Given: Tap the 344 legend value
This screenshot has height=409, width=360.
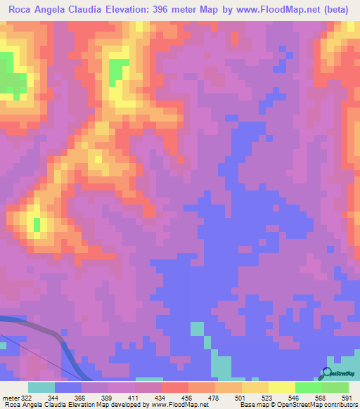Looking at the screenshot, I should coord(52,397).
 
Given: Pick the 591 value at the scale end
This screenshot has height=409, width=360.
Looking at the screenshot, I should coord(347,397).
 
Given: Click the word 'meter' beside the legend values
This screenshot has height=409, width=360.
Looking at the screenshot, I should coord(9,397).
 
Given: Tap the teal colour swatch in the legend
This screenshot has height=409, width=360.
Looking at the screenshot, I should coord(41,387).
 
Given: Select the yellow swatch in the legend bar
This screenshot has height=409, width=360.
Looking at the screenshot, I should coord(281,387).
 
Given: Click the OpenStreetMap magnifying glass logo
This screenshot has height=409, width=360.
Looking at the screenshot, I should coord(326,373).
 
